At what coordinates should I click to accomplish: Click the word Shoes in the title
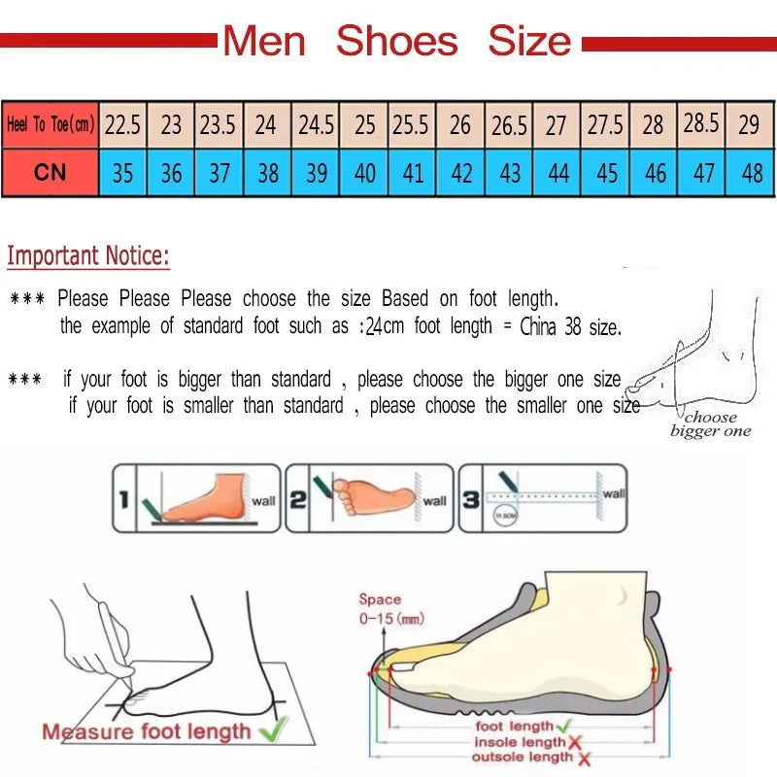click(396, 41)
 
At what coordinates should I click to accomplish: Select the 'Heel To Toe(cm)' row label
click(50, 124)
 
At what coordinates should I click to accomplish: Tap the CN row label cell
click(50, 173)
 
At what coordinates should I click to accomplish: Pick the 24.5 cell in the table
click(316, 124)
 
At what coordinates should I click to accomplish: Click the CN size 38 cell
click(267, 173)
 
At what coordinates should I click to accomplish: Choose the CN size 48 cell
click(751, 173)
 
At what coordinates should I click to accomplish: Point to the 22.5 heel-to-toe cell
click(122, 124)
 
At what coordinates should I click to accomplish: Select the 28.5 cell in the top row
click(701, 123)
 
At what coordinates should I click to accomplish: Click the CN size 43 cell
click(509, 173)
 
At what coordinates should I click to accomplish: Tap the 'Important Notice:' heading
click(88, 256)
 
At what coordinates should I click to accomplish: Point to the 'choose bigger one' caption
click(710, 424)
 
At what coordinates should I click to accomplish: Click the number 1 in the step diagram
click(123, 500)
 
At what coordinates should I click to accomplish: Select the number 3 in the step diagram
click(469, 500)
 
